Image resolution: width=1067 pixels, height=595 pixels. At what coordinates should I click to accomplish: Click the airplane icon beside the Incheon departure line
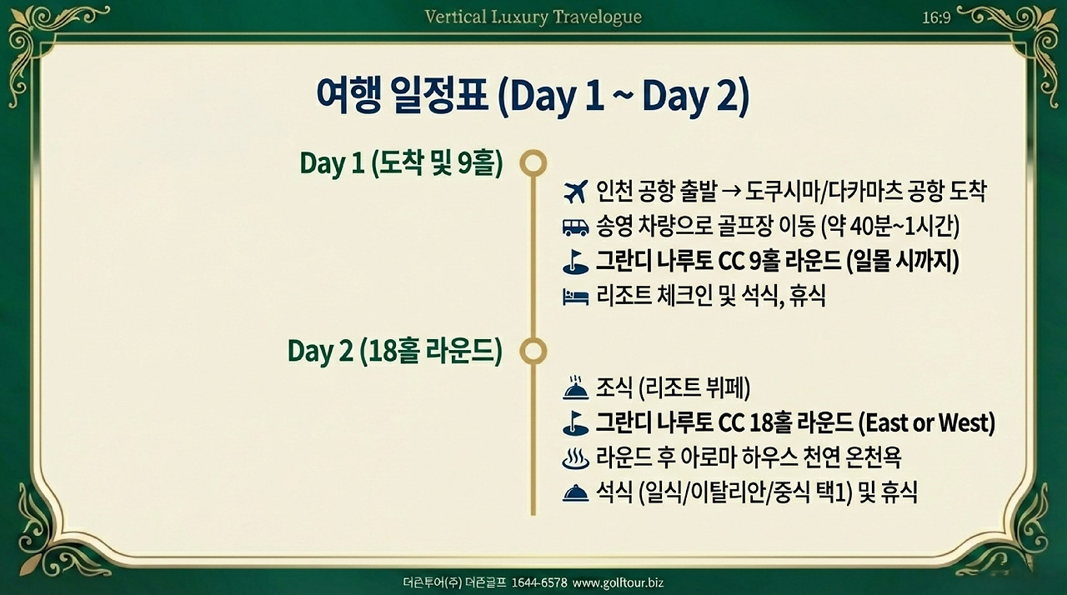(x=575, y=192)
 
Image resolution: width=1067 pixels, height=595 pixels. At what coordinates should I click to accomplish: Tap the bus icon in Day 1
(x=575, y=227)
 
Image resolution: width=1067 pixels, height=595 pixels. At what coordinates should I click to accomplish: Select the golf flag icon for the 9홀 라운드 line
(x=575, y=262)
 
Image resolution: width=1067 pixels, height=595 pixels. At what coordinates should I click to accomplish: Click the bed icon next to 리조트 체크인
(x=575, y=297)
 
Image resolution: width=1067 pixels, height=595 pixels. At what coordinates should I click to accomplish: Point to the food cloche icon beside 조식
(x=575, y=388)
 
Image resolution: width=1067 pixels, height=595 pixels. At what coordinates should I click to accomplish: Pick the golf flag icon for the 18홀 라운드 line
(x=575, y=423)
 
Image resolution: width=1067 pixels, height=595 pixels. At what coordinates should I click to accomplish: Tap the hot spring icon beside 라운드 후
(x=575, y=457)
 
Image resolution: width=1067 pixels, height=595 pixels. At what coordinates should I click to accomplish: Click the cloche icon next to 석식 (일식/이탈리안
(x=575, y=493)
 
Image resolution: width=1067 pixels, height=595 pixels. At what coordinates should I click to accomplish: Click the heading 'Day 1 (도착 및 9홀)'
(x=401, y=163)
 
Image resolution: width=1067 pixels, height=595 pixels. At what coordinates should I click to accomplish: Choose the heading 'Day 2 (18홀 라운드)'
(x=395, y=352)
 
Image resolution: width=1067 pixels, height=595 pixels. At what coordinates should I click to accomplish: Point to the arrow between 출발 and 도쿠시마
(x=731, y=192)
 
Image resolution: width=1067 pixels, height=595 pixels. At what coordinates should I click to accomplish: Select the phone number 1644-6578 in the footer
(x=539, y=582)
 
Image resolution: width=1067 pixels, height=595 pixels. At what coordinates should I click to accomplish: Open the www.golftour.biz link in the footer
(x=618, y=583)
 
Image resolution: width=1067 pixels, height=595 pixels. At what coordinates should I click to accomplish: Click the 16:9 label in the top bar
(x=936, y=17)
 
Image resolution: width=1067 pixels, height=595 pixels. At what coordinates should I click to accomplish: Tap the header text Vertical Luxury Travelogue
(x=533, y=17)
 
